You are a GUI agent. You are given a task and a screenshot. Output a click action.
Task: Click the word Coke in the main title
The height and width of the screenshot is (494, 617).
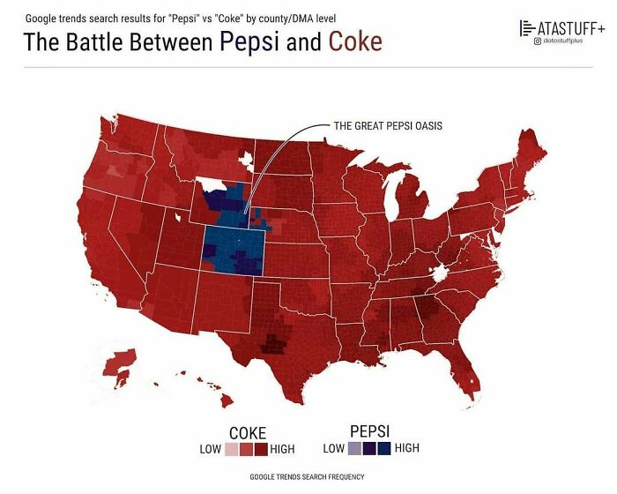[x=355, y=41]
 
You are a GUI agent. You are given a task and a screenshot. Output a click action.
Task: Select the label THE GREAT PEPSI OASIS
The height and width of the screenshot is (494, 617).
[x=388, y=125]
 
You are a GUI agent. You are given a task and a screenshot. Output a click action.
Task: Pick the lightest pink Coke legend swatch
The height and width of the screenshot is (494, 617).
[x=231, y=449]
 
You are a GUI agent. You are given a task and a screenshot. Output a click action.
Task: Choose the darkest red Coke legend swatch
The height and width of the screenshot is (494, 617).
[x=260, y=449]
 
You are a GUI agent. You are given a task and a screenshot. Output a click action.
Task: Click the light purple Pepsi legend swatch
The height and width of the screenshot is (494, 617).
[x=355, y=448]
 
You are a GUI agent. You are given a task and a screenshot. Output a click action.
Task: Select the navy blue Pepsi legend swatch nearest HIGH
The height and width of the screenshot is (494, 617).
[x=383, y=448]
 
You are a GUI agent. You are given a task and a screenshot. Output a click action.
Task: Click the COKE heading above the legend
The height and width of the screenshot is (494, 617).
[x=248, y=433]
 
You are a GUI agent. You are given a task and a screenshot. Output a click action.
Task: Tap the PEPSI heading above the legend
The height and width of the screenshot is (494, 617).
[x=369, y=430]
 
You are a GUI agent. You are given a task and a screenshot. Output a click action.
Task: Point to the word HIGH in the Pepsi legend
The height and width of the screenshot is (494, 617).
[x=407, y=448]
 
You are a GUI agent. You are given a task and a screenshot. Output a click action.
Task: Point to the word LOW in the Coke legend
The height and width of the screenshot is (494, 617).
[x=211, y=449]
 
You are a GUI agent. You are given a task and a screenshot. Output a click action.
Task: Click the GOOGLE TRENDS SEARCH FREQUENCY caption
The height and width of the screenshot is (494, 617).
[x=307, y=476]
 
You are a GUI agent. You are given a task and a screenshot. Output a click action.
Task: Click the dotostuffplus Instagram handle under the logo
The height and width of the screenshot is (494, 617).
[x=568, y=41]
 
